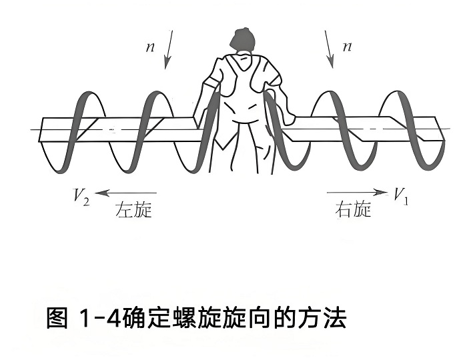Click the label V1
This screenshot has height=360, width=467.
401,195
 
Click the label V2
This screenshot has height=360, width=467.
81,196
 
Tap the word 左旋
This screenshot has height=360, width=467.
133,211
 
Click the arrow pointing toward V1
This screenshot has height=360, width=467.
357,193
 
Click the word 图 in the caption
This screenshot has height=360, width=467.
57,317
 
